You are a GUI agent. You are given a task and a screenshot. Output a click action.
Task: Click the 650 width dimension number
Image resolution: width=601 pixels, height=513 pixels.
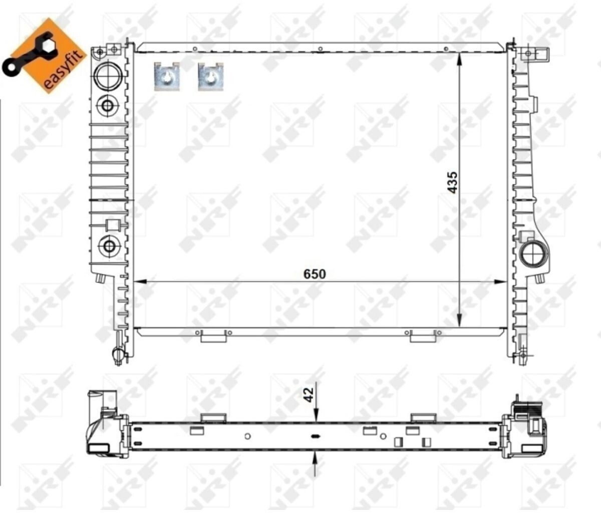[315, 274]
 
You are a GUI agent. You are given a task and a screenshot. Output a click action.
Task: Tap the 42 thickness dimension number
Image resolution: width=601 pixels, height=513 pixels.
[309, 395]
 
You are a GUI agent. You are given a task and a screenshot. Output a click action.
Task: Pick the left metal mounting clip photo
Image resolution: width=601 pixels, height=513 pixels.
[167, 76]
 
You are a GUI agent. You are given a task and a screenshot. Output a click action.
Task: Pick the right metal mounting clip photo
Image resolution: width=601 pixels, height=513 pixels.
[211, 76]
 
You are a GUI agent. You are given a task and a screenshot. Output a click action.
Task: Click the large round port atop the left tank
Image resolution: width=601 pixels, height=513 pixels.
[108, 76]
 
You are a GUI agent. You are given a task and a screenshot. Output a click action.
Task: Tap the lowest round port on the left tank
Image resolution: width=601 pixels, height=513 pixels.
[109, 246]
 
